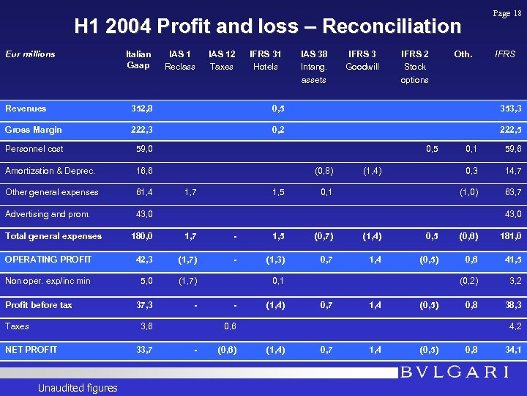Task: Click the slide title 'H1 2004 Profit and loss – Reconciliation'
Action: (x=268, y=26)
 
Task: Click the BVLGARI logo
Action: (x=455, y=372)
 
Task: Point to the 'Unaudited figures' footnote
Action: (x=78, y=388)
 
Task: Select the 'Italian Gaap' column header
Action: (x=138, y=60)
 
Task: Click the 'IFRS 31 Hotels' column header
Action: (x=265, y=60)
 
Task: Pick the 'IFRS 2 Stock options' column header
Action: (x=415, y=67)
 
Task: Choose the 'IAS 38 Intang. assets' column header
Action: (x=314, y=67)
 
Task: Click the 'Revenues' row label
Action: (x=26, y=109)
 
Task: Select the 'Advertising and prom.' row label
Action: (x=48, y=214)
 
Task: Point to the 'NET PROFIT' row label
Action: (x=31, y=349)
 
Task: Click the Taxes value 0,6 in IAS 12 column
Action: (x=229, y=327)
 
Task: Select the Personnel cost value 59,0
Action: (x=145, y=149)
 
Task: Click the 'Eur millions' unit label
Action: (x=30, y=54)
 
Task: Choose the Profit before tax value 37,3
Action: (x=145, y=305)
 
